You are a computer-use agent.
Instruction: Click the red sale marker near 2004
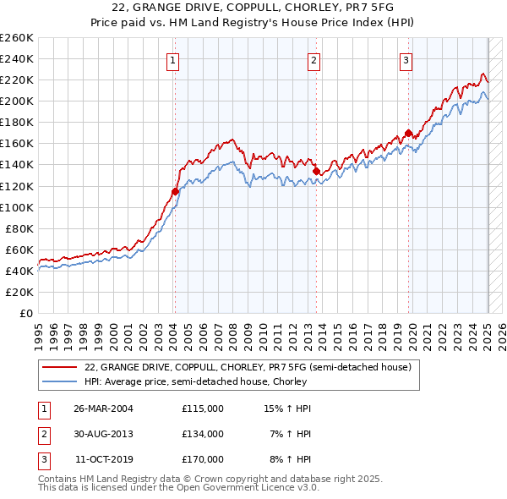click(175, 191)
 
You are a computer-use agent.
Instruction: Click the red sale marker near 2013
click(316, 171)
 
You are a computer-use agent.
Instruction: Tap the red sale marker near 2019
click(408, 133)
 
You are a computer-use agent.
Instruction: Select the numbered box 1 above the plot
click(172, 60)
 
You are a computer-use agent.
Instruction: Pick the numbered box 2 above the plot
click(313, 60)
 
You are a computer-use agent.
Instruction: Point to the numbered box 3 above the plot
click(406, 60)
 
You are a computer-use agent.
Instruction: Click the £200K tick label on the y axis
click(17, 101)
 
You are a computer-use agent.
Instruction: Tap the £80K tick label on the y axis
click(19, 228)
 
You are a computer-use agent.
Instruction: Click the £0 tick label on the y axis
click(26, 313)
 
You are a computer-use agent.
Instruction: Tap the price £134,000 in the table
click(203, 434)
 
